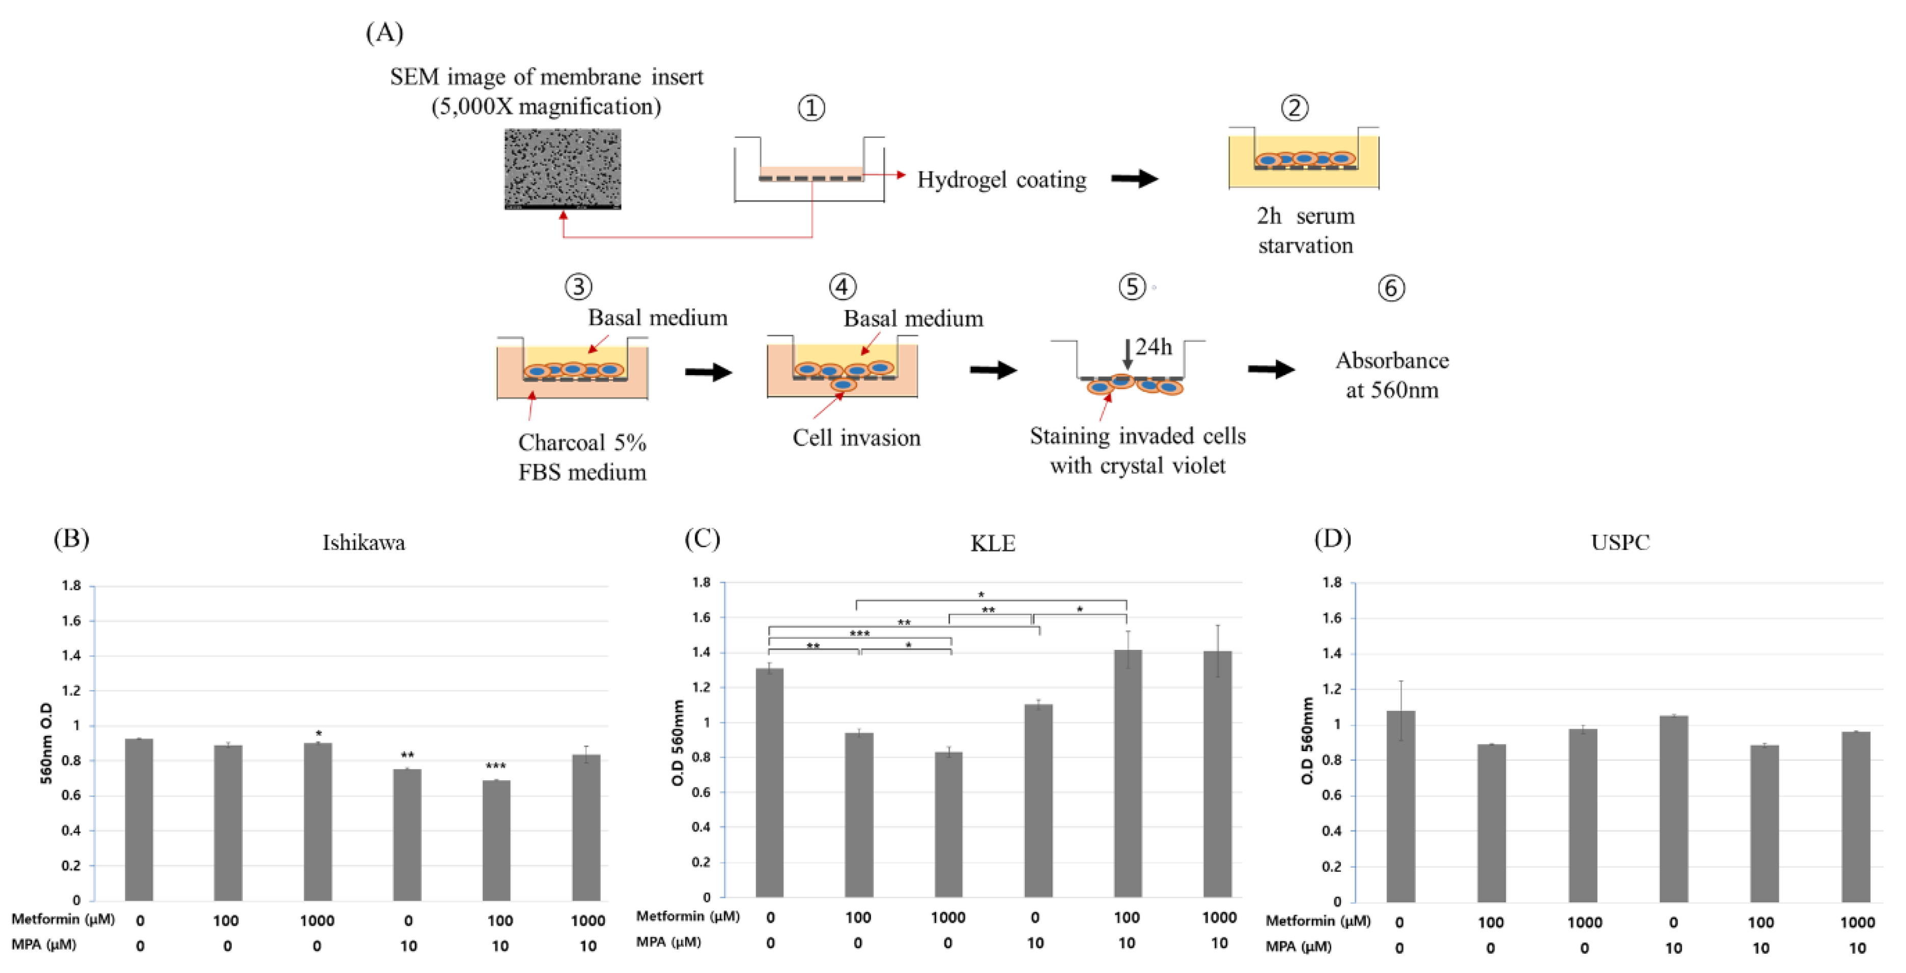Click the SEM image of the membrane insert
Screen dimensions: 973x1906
[563, 168]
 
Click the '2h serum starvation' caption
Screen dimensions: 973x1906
[1305, 230]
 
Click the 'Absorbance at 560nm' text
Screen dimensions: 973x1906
[1392, 375]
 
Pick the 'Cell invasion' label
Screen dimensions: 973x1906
[856, 438]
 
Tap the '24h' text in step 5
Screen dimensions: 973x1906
[1154, 346]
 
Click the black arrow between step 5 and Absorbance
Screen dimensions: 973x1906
[1271, 369]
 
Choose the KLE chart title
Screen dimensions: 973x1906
[992, 543]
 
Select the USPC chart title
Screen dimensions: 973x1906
[1620, 542]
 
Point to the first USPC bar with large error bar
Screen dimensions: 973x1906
[1400, 806]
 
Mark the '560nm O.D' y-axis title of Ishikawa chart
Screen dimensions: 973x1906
[46, 743]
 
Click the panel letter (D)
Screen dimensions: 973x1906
[1333, 538]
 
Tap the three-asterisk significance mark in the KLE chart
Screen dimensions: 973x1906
[859, 634]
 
